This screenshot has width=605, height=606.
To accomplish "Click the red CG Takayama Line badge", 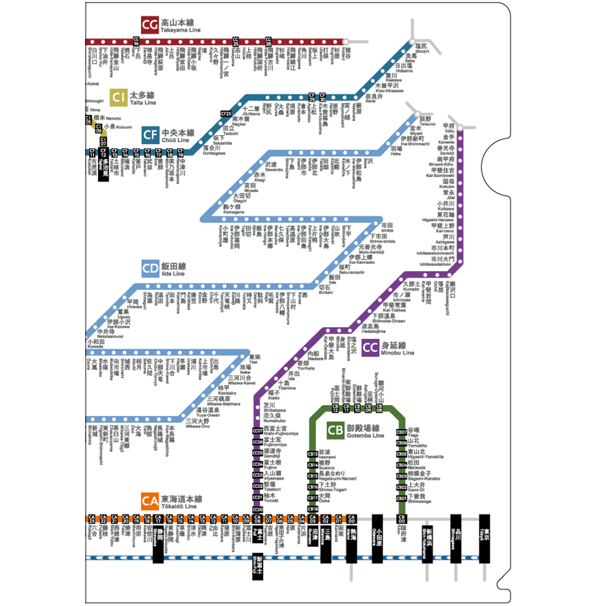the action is (150, 25).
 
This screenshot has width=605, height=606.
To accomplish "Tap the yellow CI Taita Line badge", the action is (118, 97).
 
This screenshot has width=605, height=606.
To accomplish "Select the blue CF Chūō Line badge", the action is (151, 135).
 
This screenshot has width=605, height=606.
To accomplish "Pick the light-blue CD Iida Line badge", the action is (151, 268).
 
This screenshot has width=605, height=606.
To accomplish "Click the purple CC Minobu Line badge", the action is (370, 347).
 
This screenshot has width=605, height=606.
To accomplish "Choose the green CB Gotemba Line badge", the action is (335, 430).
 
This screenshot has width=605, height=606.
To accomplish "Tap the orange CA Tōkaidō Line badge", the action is (150, 501).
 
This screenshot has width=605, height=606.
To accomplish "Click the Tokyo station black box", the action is (484, 539).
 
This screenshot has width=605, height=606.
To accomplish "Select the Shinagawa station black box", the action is (456, 539).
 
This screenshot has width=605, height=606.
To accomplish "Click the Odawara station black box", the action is (377, 539).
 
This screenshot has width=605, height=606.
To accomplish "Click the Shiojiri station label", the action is (422, 48).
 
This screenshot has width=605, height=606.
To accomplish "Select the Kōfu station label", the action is (449, 128).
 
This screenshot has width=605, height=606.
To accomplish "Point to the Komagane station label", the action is (233, 209).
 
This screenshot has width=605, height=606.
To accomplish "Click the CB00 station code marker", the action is (401, 519).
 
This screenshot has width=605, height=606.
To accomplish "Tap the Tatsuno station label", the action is (427, 121).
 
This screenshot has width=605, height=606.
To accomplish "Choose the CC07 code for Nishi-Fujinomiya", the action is (258, 431).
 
